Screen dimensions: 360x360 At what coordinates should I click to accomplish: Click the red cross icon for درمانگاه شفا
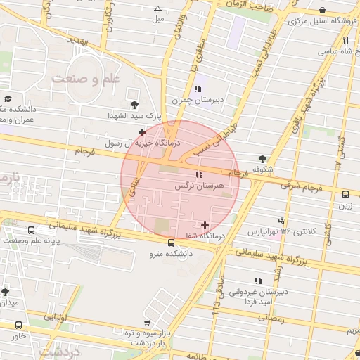pyautogui.click(x=205, y=226)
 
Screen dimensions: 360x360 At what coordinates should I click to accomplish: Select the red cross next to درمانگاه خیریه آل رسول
pyautogui.click(x=143, y=132)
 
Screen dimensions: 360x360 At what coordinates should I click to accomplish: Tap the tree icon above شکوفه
pyautogui.click(x=263, y=159)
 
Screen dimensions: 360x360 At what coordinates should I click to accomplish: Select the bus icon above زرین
pyautogui.click(x=345, y=195)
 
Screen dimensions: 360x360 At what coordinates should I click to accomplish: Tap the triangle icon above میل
pyautogui.click(x=157, y=9)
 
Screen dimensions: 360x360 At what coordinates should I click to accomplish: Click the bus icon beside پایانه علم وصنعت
pyautogui.click(x=31, y=231)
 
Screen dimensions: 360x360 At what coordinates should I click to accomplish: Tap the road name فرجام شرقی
pyautogui.click(x=301, y=187)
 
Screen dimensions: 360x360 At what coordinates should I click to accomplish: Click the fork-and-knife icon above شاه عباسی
pyautogui.click(x=345, y=40)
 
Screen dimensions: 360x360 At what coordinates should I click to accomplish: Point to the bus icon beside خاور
pyautogui.click(x=18, y=326)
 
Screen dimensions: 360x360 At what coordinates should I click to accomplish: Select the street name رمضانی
pyautogui.click(x=271, y=317)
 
